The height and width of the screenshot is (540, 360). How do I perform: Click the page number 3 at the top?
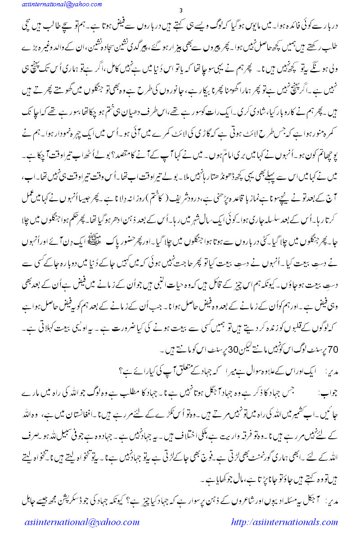point(180,11)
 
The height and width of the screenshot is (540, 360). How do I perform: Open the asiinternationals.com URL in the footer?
point(284,522)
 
